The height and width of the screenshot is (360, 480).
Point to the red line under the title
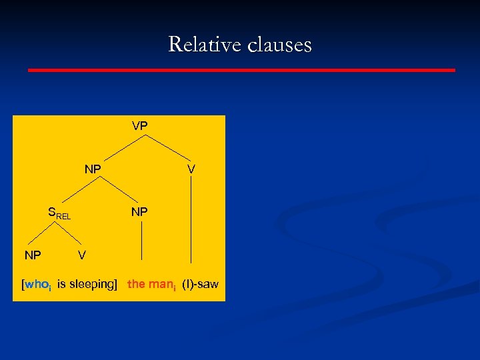click(x=241, y=69)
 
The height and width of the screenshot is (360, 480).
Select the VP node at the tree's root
click(x=140, y=125)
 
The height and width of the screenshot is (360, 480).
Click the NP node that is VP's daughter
click(x=93, y=169)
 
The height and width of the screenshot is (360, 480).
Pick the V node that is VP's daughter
click(x=191, y=169)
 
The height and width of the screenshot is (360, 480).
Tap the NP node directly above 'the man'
click(x=139, y=212)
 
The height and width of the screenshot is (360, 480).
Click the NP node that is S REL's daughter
click(x=33, y=255)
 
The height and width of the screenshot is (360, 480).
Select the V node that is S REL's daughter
click(x=81, y=255)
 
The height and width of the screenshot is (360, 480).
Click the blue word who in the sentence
click(x=37, y=285)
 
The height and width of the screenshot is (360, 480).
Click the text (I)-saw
click(x=200, y=284)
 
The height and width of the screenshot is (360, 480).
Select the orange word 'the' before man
click(x=136, y=284)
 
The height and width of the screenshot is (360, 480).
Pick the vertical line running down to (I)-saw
click(x=192, y=220)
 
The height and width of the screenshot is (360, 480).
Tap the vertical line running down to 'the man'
click(x=142, y=240)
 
